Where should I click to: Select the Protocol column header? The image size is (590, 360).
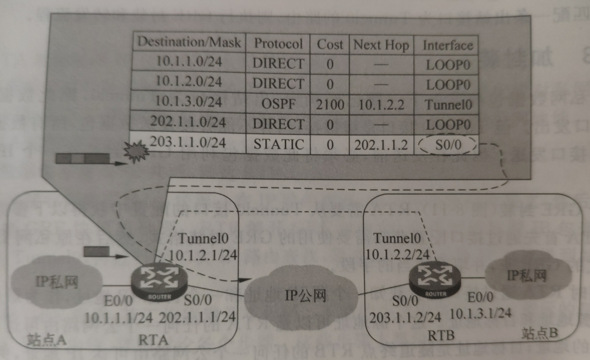pos(279,44)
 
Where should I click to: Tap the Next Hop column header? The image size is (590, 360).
pos(381,45)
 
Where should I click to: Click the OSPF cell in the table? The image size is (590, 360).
pos(279,103)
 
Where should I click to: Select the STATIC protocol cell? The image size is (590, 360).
pos(279,144)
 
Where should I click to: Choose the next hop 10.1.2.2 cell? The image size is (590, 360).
pos(381,105)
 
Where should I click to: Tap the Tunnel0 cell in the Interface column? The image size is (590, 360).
pos(447,105)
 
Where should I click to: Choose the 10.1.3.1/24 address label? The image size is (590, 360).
pos(480,312)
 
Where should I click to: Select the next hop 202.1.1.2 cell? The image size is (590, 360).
pos(381,145)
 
